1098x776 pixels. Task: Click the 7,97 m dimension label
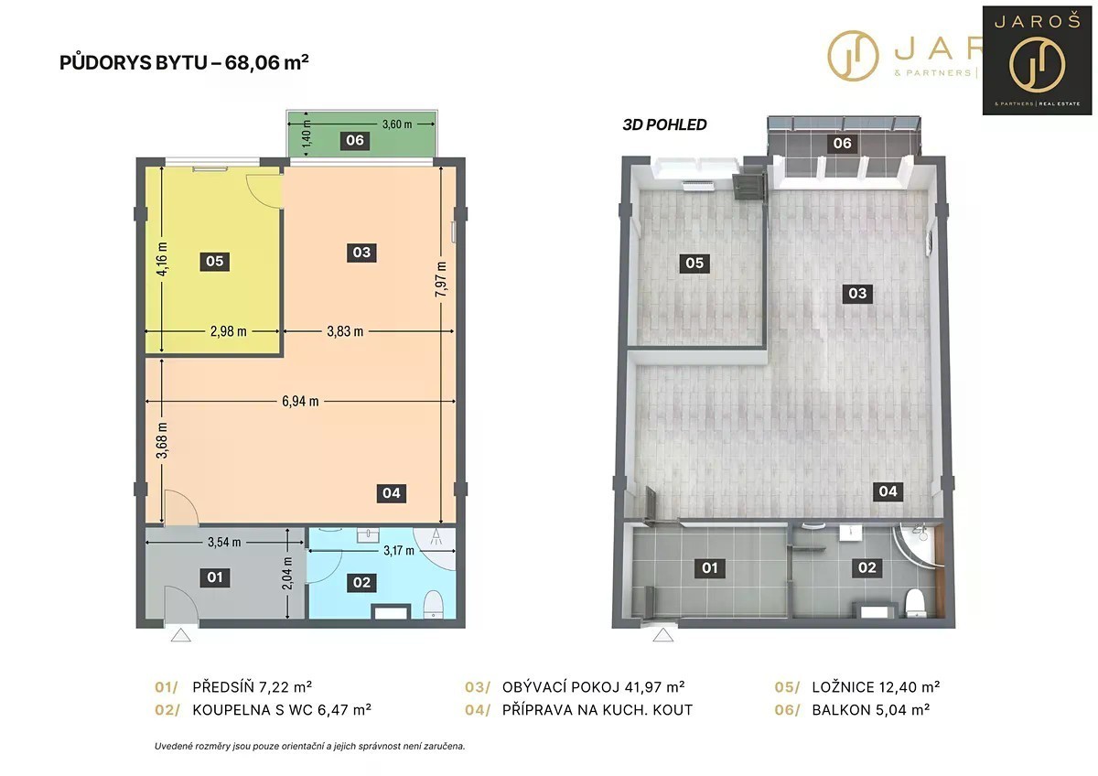pos(441,279)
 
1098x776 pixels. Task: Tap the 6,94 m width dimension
pos(300,402)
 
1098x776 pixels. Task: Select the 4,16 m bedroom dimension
pos(162,259)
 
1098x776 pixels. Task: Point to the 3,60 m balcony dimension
pos(397,124)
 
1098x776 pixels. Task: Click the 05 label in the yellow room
pos(215,262)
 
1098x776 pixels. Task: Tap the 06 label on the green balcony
pos(355,141)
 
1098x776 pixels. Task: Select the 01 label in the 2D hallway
pos(215,577)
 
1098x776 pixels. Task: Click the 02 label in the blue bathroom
pos(361,583)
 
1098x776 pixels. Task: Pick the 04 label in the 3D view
pos(888,491)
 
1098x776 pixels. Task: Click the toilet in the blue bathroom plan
pos(433,605)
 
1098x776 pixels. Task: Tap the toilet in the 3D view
pos(914,602)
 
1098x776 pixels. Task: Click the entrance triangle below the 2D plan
pos(181,635)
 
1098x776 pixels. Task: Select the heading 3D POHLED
pos(664,125)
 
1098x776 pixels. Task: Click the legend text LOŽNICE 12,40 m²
pos(876,687)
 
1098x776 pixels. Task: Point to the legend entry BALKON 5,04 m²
pos(870,710)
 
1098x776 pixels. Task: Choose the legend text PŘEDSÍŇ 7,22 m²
pos(252,687)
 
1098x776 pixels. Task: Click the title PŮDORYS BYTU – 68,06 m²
pos(184,63)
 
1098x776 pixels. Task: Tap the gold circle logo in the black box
pos(1038,65)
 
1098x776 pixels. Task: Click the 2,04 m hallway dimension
pos(287,574)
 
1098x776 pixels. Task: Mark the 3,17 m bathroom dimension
pos(399,551)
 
